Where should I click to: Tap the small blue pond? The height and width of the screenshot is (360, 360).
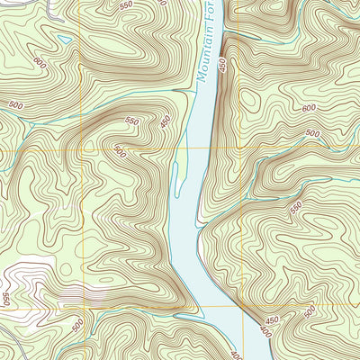coord(62,40)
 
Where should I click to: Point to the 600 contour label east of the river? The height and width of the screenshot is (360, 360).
coord(310,109)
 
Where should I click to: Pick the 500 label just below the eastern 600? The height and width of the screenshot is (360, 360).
coord(312,134)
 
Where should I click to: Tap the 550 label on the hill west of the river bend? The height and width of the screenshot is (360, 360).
coord(133,121)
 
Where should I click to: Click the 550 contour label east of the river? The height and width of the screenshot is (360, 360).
coord(296,206)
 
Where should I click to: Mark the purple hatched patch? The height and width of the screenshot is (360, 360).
coord(81,293)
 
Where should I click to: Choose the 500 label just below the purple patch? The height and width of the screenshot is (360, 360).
coord(78,323)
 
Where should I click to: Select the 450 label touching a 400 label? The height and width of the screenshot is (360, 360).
coord(271,320)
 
